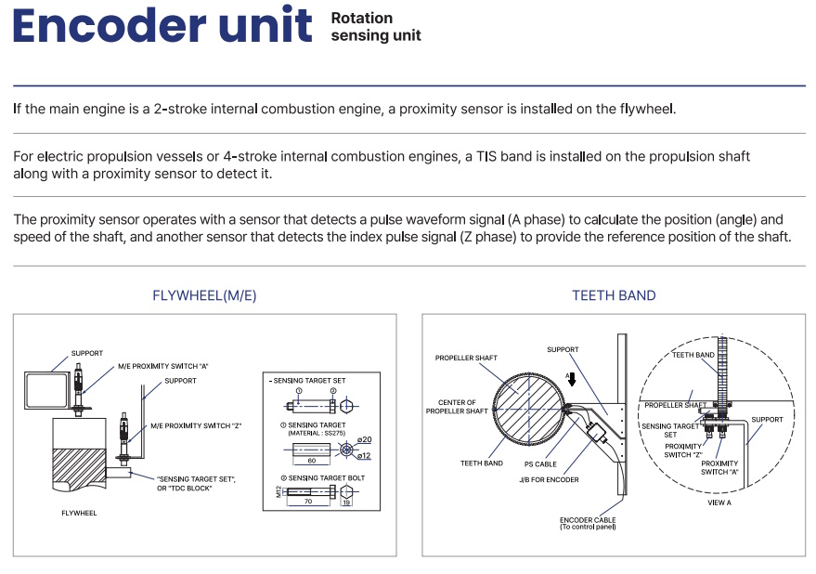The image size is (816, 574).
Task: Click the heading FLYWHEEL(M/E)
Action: click(x=204, y=295)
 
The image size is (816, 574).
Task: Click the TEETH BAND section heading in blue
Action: click(x=614, y=295)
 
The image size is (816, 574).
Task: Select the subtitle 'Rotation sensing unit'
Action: click(x=375, y=27)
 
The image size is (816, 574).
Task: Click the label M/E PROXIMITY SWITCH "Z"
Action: click(x=196, y=426)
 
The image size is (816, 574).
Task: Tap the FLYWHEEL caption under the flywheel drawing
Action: click(x=79, y=512)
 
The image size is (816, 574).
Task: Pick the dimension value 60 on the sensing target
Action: click(x=311, y=461)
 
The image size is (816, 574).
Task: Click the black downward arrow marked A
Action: click(x=571, y=379)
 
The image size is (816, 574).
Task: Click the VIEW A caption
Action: click(x=719, y=502)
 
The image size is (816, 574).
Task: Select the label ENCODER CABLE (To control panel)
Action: click(x=589, y=523)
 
